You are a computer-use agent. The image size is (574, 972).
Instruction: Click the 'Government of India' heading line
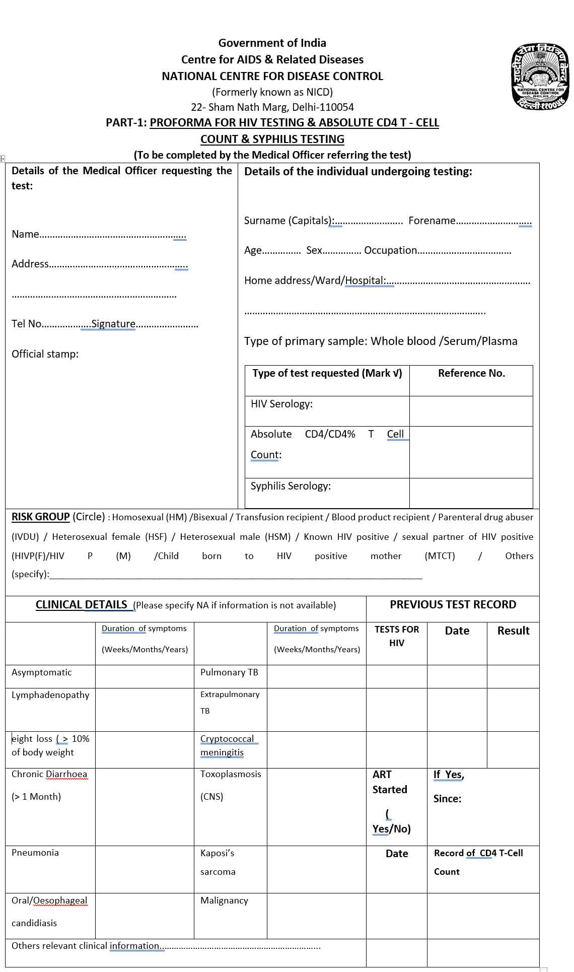point(272,43)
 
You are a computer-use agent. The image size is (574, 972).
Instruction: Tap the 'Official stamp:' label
point(45,354)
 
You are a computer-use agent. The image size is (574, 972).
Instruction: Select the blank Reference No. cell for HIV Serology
point(471,411)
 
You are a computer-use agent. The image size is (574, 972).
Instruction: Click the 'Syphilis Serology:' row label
point(291,486)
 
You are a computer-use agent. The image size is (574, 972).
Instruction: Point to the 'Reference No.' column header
point(471,373)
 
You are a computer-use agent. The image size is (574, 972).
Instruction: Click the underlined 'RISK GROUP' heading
point(40,517)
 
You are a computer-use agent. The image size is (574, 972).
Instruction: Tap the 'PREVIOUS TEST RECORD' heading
point(453,604)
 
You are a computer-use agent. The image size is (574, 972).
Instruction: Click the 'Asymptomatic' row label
point(41,672)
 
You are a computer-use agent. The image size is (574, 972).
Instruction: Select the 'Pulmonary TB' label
point(229,672)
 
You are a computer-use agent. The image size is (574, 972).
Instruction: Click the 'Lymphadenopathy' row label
point(50,695)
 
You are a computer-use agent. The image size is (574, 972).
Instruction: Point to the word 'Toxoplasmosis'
point(231,774)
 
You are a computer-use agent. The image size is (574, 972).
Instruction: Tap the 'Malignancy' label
point(224,900)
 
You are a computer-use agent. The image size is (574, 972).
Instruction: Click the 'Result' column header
point(513,631)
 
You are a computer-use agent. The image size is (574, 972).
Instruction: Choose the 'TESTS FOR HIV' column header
point(397,636)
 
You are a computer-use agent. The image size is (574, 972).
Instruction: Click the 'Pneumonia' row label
point(35,853)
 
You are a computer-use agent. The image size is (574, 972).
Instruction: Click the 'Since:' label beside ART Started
point(447,799)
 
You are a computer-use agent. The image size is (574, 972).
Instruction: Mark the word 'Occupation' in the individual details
point(390,250)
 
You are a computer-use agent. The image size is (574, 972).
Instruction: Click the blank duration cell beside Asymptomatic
point(145,676)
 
